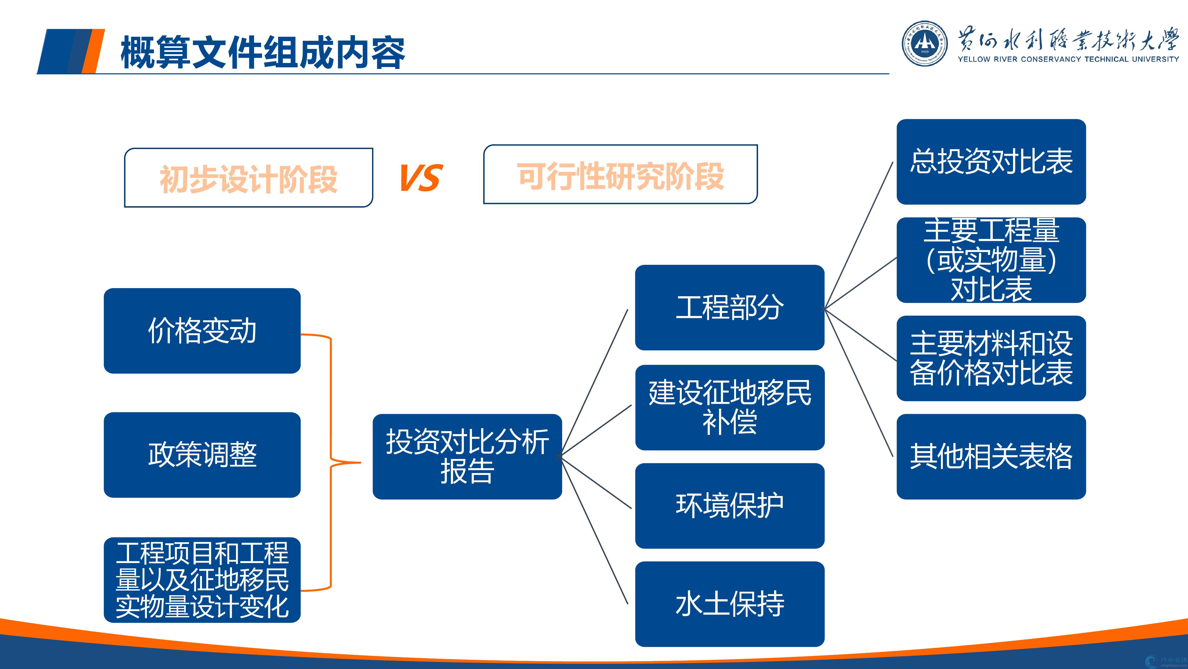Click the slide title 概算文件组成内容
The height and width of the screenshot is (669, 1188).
coord(262,53)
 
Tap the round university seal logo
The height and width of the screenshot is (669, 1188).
coord(925,44)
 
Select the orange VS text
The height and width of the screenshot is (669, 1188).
coord(421,178)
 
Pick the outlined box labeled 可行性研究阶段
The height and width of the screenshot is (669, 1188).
coord(620,175)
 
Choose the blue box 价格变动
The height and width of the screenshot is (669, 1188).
coord(202,331)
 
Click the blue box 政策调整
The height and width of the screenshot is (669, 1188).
coord(202,455)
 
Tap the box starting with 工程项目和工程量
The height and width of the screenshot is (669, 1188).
coord(202,580)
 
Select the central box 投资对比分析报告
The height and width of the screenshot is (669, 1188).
coord(467,456)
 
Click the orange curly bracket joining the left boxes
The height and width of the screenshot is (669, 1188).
coord(331,462)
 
